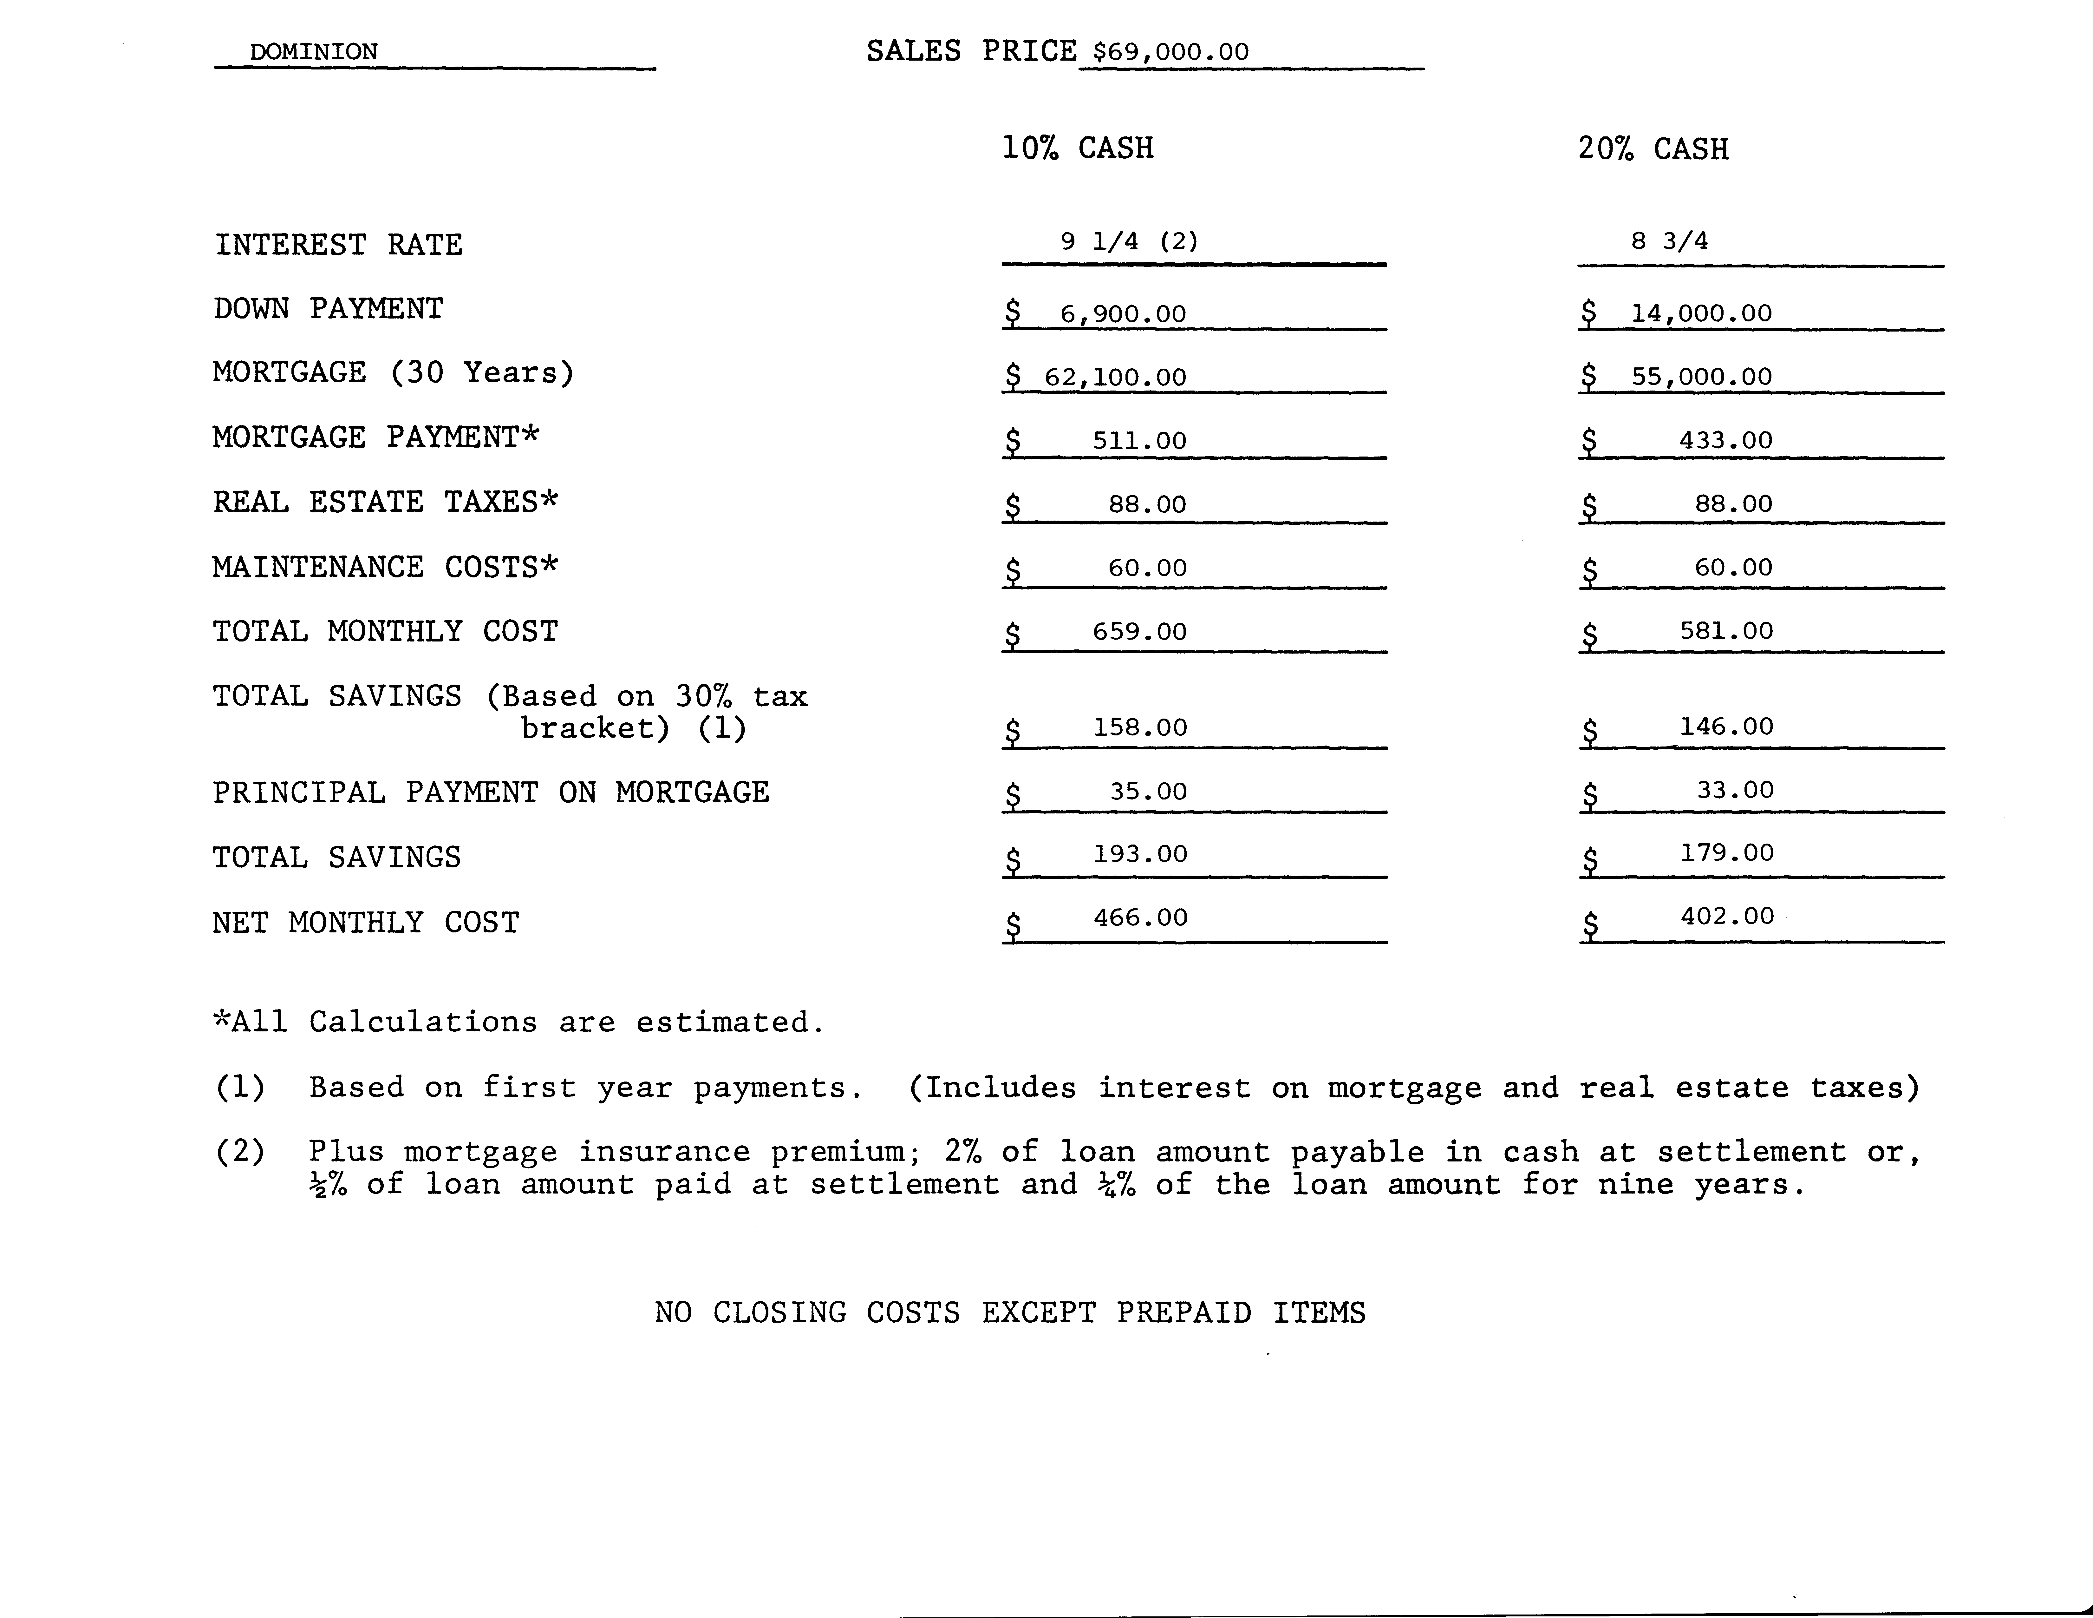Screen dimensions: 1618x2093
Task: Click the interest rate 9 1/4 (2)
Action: (1129, 241)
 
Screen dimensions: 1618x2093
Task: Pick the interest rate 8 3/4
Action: (1669, 240)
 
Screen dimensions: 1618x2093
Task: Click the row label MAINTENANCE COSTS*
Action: (384, 568)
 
